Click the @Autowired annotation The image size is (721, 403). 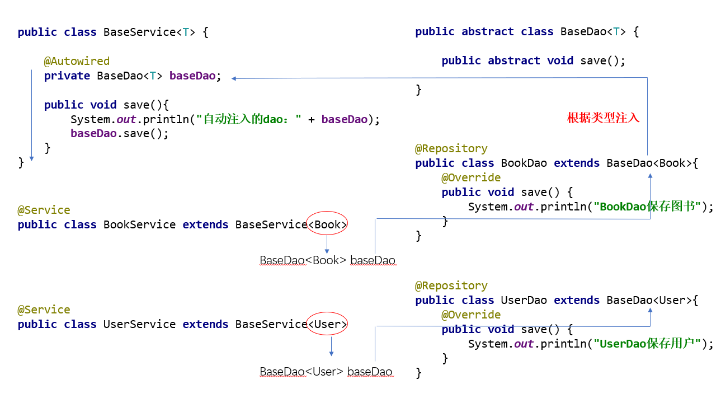(x=77, y=61)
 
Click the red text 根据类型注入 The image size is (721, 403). (x=603, y=118)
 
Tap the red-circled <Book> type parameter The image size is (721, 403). (x=328, y=224)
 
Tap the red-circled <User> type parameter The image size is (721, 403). (x=328, y=324)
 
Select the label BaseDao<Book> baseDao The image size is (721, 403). (x=327, y=260)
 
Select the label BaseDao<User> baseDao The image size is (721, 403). (x=326, y=372)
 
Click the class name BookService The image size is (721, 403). (x=139, y=224)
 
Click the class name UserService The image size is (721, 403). (x=139, y=324)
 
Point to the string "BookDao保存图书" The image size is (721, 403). (x=648, y=207)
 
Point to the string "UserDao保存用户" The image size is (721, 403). (x=648, y=344)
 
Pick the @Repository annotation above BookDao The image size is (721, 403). (x=451, y=148)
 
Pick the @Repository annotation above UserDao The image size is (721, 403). (x=451, y=285)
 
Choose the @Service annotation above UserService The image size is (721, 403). (x=44, y=310)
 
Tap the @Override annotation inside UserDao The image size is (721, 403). (x=471, y=315)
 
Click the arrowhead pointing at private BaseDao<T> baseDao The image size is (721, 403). (x=234, y=78)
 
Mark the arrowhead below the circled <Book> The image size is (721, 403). (x=327, y=251)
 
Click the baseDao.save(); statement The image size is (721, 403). (x=119, y=134)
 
